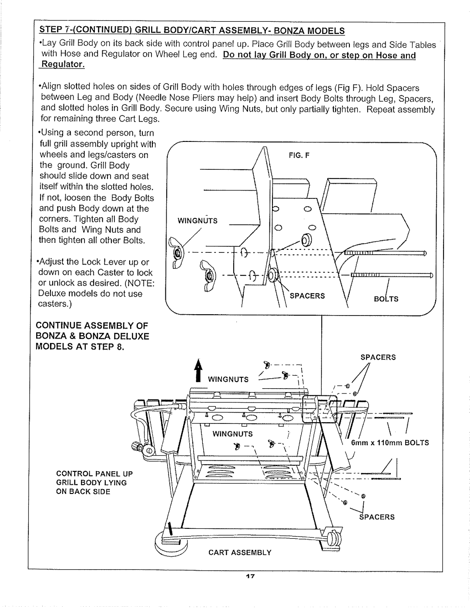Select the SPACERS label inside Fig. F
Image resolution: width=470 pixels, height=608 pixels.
pyautogui.click(x=309, y=296)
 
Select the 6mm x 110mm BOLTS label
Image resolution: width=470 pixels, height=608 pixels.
pyautogui.click(x=390, y=443)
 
